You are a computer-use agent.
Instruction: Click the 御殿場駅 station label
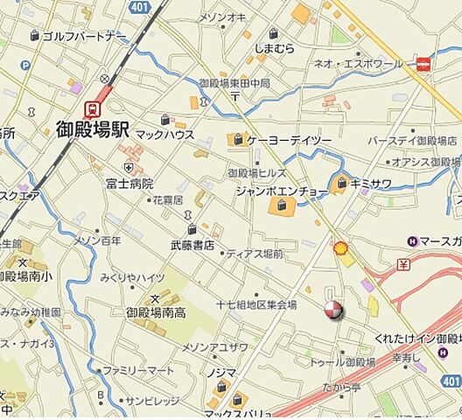click(92, 132)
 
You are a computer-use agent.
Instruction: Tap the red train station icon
click(90, 108)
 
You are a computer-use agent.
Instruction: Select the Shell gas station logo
click(342, 249)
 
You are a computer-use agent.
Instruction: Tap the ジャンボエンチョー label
click(280, 191)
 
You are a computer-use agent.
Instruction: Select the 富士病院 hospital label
click(129, 184)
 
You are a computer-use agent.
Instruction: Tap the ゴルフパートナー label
click(84, 35)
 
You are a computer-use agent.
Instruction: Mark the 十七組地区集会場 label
click(256, 304)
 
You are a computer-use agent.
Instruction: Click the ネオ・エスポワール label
click(371, 64)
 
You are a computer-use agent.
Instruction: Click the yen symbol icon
click(403, 263)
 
